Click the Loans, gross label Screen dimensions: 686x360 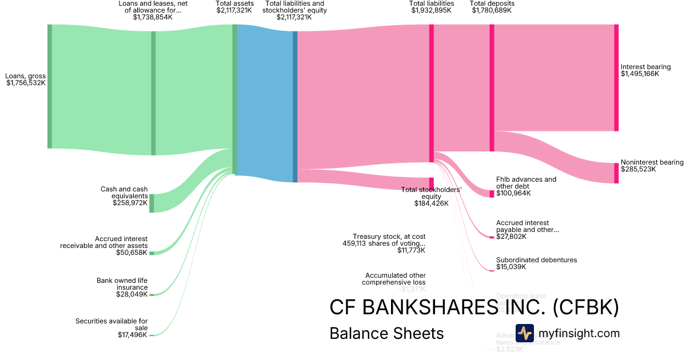26,75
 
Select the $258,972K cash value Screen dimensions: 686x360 130,203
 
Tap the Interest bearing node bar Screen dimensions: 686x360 616,78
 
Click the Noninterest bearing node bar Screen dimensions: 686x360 616,173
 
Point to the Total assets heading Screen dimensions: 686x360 234,3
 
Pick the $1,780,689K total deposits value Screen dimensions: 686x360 492,10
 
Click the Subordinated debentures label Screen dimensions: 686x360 536,260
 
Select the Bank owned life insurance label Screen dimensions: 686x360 122,284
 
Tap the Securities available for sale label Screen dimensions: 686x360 111,325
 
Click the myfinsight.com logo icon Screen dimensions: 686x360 524,333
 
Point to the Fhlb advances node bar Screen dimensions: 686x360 492,193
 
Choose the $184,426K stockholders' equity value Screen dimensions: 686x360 432,203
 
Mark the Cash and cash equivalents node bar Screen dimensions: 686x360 151,203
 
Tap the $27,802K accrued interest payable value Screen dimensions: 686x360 511,237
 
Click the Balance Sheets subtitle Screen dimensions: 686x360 386,334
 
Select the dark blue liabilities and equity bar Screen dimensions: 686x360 295,106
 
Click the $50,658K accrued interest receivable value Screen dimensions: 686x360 131,253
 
